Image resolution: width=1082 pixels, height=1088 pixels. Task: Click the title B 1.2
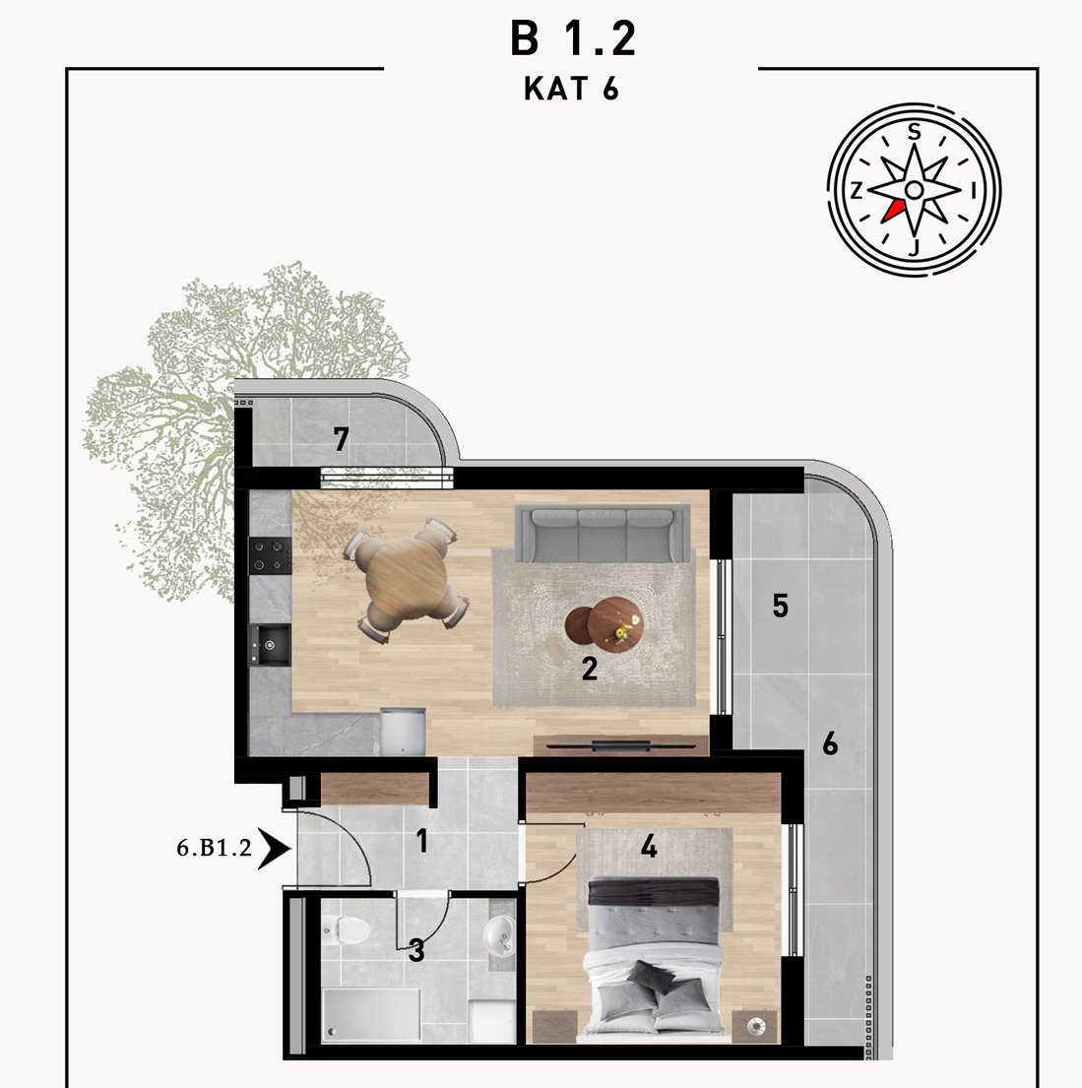point(573,38)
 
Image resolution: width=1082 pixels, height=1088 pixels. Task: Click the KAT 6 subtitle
point(571,89)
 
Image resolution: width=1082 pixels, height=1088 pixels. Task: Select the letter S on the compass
point(915,131)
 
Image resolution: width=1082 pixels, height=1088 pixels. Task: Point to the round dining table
point(406,579)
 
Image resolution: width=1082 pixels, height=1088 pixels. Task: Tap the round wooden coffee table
point(604,622)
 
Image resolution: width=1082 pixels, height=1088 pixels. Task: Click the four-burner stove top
point(270,555)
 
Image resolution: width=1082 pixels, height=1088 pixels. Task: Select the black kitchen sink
point(270,645)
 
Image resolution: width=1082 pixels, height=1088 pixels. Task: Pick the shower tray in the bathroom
point(371,1014)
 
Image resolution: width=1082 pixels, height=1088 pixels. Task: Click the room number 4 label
point(649,847)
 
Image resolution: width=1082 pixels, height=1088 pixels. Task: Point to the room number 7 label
point(340,439)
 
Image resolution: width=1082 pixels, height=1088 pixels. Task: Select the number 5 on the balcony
point(780,606)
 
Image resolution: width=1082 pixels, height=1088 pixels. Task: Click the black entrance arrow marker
point(274,848)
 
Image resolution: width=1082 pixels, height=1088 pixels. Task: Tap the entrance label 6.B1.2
point(214,847)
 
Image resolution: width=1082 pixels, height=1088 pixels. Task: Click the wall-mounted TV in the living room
point(621,746)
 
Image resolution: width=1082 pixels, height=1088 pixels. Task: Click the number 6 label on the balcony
point(830,743)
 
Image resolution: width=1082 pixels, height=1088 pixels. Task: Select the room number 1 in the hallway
point(421,841)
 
